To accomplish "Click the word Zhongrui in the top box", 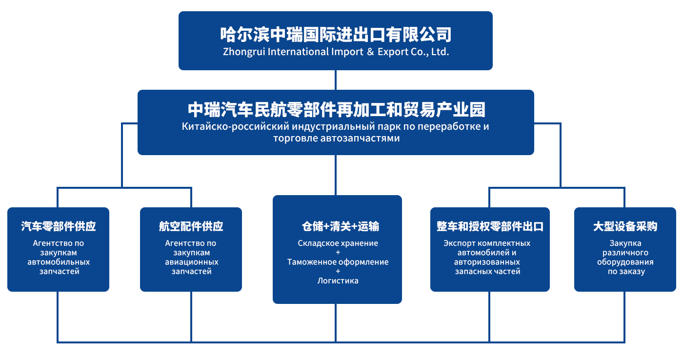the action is point(244,52).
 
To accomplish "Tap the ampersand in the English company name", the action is point(370,52).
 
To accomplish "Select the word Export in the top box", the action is point(393,52).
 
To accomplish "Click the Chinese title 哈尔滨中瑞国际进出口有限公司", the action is point(336,35).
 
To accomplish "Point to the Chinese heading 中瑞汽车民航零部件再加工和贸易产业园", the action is point(336,110).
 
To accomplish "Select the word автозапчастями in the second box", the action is point(360,138).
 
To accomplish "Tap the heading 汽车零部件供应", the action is point(59,226).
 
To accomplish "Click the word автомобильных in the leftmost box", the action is point(59,262).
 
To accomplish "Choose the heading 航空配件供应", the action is point(191,226).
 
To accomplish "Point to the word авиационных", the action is point(191,262).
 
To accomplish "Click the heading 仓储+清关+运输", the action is point(341,226).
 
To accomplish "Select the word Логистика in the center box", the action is point(338,280).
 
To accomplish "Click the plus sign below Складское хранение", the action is point(338,252).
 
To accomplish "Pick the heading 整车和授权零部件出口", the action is point(490,226).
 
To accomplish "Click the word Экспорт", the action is point(459,243).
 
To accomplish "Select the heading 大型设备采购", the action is point(625,226).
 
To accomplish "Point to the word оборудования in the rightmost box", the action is point(625,262).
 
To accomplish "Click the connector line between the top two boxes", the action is point(336,80).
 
